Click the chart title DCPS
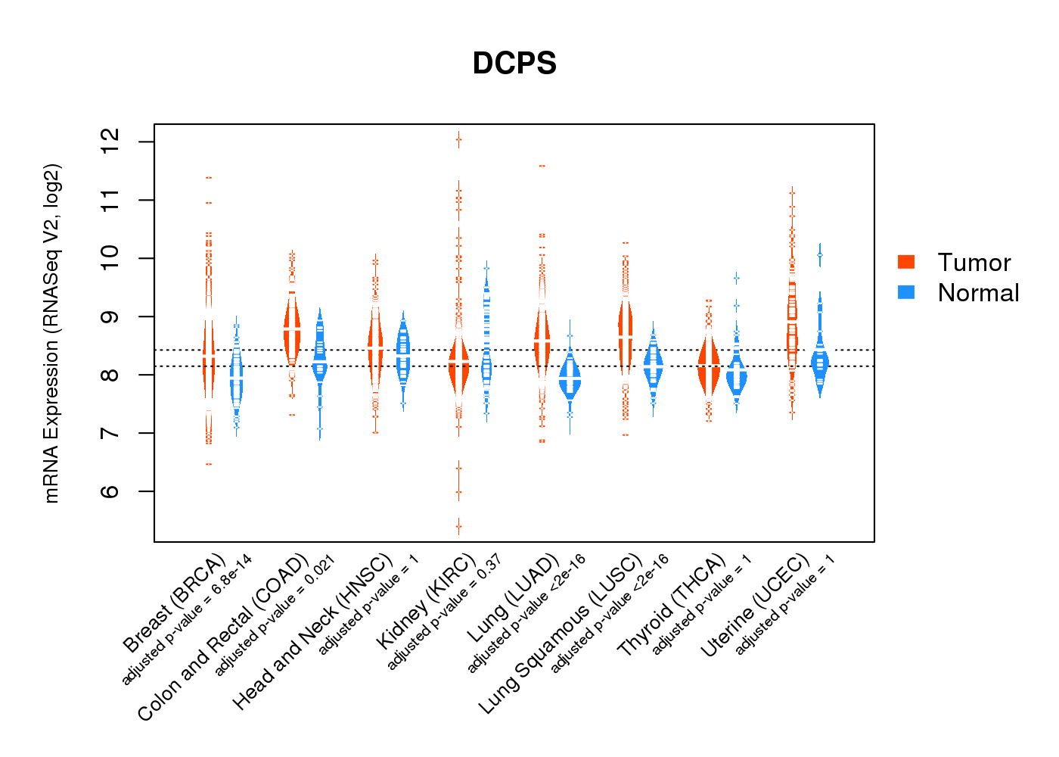pos(514,64)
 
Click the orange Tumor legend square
pos(906,262)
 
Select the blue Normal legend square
pos(906,292)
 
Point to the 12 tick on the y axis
pos(110,142)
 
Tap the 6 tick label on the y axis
pos(110,491)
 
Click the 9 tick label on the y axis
pos(110,316)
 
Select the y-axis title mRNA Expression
pos(51,333)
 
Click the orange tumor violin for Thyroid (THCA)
pos(709,366)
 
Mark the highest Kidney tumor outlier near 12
pos(458,139)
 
